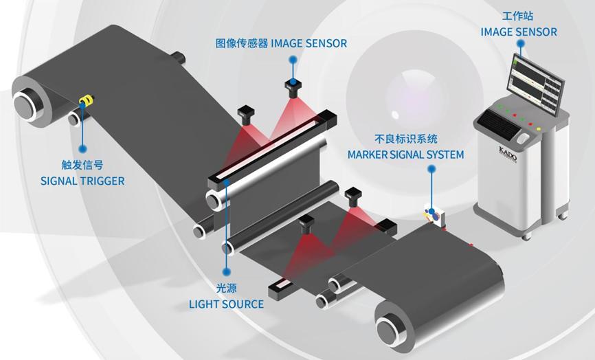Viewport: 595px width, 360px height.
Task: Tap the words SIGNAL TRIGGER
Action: tap(82, 181)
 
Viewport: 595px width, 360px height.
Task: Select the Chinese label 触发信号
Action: tap(82, 165)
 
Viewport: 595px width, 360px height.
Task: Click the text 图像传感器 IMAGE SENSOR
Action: tap(280, 43)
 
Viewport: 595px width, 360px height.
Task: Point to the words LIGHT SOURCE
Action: tap(226, 304)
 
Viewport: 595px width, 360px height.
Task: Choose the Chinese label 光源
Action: tap(226, 289)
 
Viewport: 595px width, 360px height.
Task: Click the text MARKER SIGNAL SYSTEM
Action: tap(405, 155)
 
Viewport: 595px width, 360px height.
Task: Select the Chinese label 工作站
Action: tap(519, 16)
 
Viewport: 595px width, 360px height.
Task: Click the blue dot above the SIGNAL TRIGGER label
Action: tap(82, 148)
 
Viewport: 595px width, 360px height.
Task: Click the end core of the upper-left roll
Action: tap(26, 104)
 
